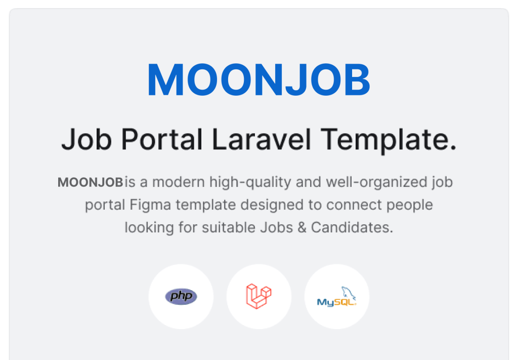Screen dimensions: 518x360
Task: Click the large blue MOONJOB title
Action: pos(258,79)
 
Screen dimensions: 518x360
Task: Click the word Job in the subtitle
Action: pos(87,139)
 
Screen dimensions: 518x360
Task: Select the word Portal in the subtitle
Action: pos(162,139)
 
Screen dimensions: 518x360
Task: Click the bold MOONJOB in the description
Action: pos(90,182)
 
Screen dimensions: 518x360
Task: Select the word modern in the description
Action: pos(179,182)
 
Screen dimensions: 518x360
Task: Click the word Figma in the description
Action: pos(150,205)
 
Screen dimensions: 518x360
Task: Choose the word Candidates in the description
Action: pos(352,227)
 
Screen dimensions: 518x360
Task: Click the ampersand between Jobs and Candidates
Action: pos(302,228)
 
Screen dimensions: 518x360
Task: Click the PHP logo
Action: pos(181,296)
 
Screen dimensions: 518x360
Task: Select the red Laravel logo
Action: pos(258,296)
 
